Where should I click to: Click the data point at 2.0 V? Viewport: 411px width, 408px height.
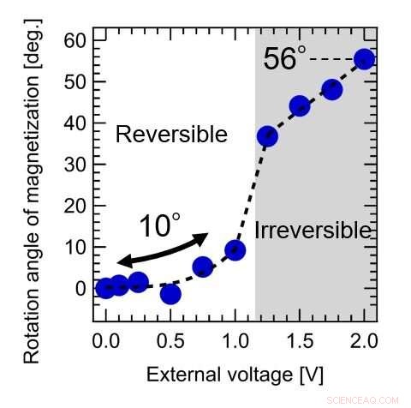point(364,59)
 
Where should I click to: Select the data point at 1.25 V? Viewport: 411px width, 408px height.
point(267,136)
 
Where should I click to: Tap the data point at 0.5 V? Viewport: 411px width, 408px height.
point(170,294)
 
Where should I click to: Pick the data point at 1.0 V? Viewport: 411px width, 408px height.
point(235,250)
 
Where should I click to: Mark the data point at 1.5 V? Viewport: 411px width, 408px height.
point(300,106)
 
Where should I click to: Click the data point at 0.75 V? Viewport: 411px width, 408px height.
point(203,267)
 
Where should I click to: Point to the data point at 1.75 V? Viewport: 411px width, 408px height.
point(332,90)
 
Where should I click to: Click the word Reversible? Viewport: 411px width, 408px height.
point(171,135)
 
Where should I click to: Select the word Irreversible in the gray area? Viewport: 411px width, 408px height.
point(313,230)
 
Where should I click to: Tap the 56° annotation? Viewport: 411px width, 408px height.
point(284,58)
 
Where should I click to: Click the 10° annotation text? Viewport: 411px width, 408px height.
point(159,225)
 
